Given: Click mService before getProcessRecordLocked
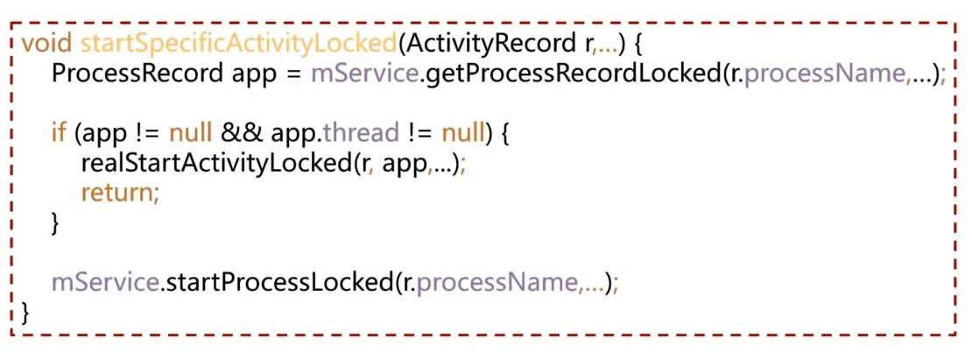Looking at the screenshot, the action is click(363, 74).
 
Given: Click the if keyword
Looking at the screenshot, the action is click(59, 134).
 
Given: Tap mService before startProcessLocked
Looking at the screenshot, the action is click(105, 284).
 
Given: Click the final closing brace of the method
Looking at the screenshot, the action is click(26, 314).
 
